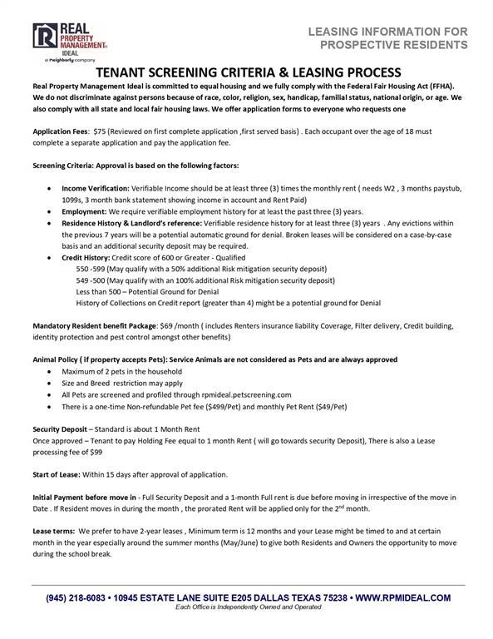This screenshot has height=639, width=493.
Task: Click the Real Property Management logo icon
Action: click(43, 38)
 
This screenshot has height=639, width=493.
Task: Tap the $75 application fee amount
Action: click(101, 131)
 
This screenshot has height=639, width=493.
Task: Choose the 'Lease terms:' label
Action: click(52, 531)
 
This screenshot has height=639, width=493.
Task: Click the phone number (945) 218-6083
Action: click(76, 597)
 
